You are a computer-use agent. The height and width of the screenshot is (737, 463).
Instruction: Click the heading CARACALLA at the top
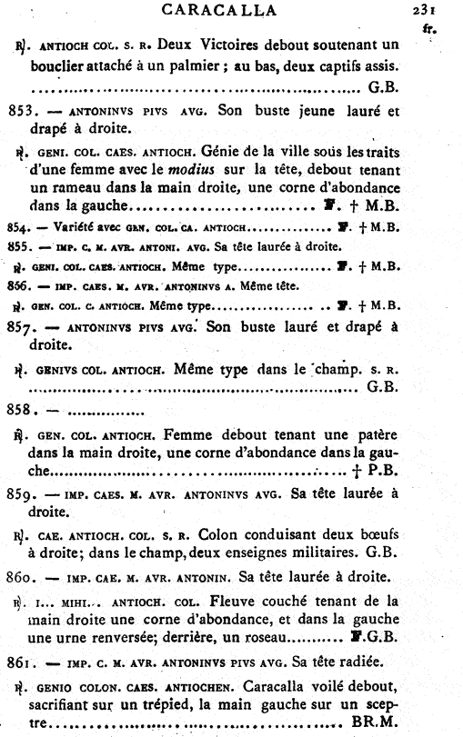232,11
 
